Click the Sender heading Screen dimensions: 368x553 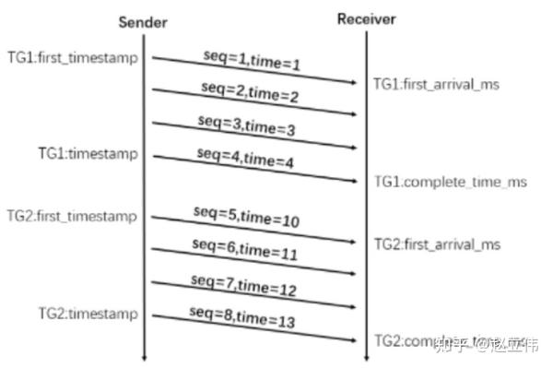[142, 21]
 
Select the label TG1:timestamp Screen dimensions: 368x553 [88, 152]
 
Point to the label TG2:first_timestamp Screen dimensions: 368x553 [71, 216]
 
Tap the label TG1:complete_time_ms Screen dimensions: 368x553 [450, 182]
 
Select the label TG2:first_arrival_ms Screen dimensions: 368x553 [437, 244]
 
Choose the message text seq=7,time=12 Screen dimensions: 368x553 [245, 284]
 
